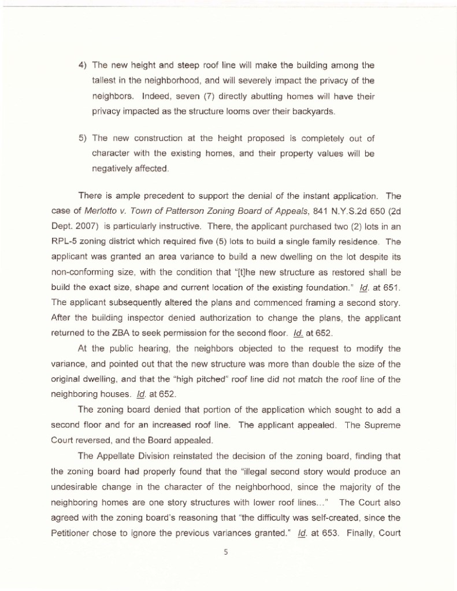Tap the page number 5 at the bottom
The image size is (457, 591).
click(x=227, y=552)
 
